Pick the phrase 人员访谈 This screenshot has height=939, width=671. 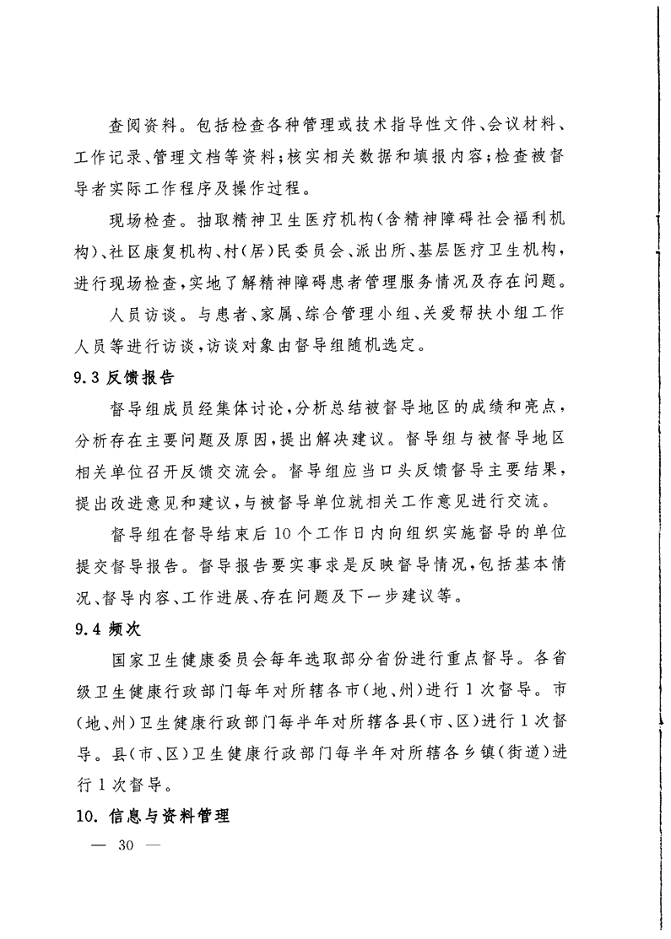click(138, 314)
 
